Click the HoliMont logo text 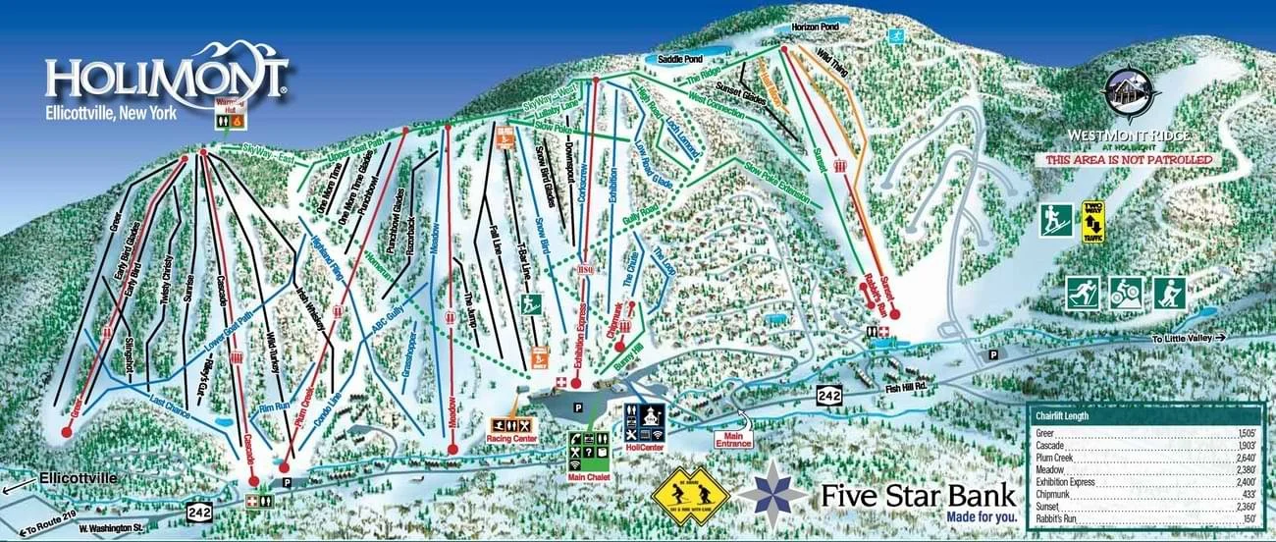(x=165, y=78)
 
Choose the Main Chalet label (x=588, y=477)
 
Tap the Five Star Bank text (x=918, y=495)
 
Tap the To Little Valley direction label (x=1187, y=338)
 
